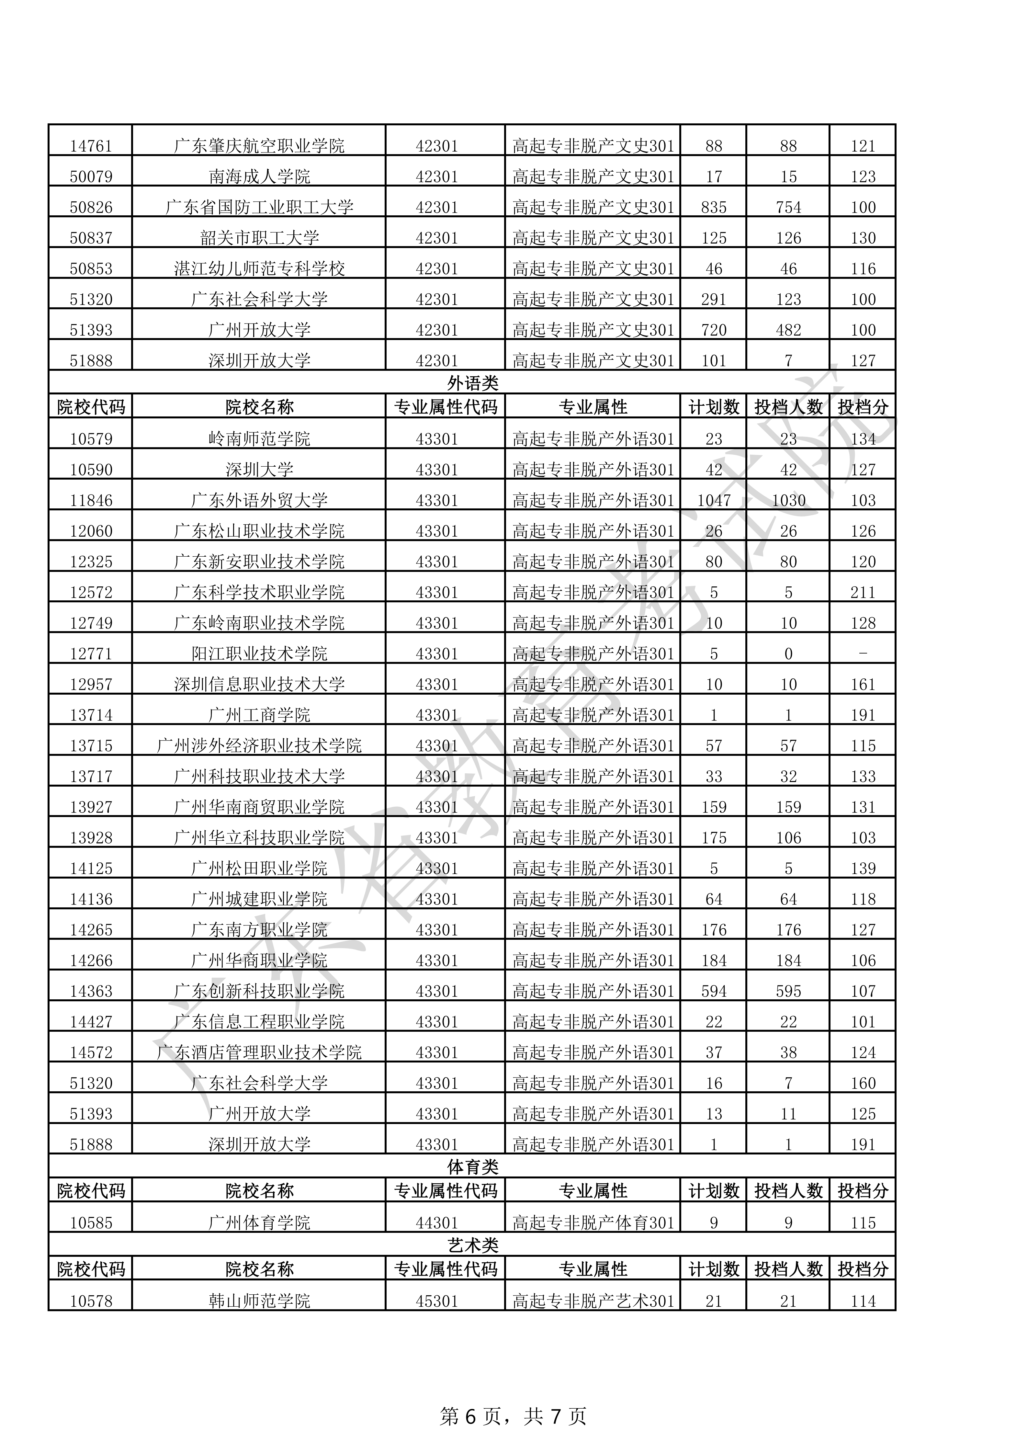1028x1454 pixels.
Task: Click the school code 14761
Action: click(91, 146)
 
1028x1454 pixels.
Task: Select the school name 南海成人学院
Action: click(260, 177)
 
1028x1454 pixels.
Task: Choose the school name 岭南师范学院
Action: click(260, 439)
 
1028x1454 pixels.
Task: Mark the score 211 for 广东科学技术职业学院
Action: click(863, 592)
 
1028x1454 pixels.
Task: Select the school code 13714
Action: click(91, 715)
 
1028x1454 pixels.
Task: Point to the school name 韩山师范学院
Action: click(260, 1301)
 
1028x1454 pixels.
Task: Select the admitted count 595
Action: click(788, 991)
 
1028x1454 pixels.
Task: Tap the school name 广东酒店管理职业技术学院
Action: click(260, 1052)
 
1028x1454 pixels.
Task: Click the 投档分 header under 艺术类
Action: click(863, 1269)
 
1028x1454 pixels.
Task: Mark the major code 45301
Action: click(437, 1301)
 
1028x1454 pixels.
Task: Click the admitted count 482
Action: click(788, 330)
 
